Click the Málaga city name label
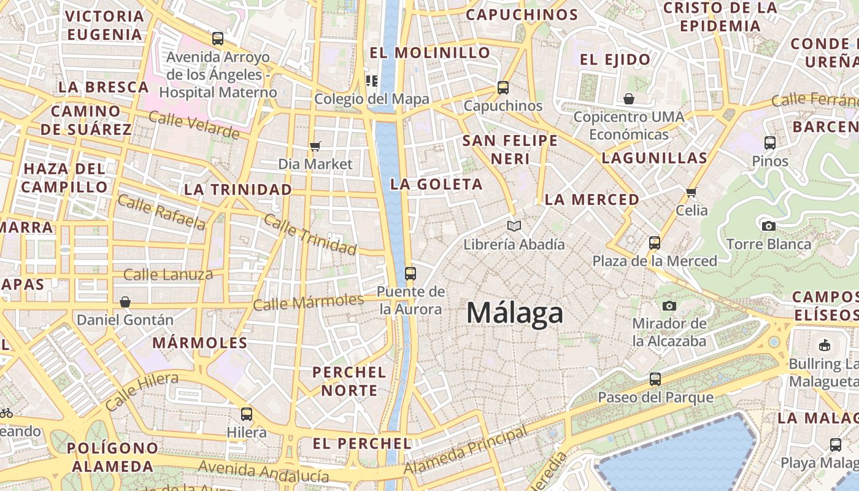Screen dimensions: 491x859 pyautogui.click(x=515, y=312)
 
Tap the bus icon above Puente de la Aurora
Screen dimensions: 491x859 pyautogui.click(x=410, y=273)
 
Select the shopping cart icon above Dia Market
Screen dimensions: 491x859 pyautogui.click(x=315, y=146)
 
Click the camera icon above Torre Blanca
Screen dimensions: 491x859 pyautogui.click(x=768, y=226)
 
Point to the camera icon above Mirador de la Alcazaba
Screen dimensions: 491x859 pyautogui.click(x=669, y=305)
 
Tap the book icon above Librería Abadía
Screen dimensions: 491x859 pyautogui.click(x=514, y=226)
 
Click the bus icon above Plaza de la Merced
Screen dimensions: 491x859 pyautogui.click(x=655, y=242)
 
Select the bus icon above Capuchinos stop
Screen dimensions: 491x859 pyautogui.click(x=503, y=88)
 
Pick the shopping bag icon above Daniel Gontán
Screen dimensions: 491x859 pyautogui.click(x=125, y=301)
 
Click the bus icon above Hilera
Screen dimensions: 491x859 pyautogui.click(x=247, y=414)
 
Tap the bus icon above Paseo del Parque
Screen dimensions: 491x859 pyautogui.click(x=655, y=379)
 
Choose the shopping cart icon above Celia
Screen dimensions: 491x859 pyautogui.click(x=691, y=192)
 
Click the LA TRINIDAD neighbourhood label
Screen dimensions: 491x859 pyautogui.click(x=238, y=190)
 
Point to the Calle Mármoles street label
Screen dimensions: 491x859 pyautogui.click(x=309, y=302)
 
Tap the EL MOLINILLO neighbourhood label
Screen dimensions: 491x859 pyautogui.click(x=430, y=53)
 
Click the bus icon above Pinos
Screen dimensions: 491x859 pyautogui.click(x=770, y=143)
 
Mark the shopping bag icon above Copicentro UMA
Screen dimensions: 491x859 pyautogui.click(x=629, y=99)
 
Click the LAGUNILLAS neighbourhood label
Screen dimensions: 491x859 pyautogui.click(x=655, y=158)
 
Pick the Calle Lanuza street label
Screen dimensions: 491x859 pyautogui.click(x=168, y=274)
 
